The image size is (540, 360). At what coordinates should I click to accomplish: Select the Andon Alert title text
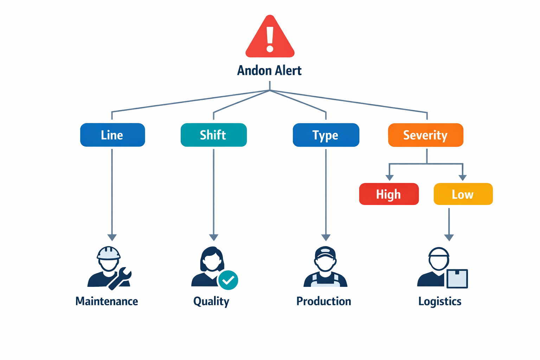(x=269, y=71)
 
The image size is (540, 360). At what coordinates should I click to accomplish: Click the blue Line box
(x=112, y=135)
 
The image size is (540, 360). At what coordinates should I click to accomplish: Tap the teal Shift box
(x=213, y=135)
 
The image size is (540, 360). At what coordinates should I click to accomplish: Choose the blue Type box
(x=326, y=135)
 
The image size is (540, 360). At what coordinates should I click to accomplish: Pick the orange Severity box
(x=425, y=135)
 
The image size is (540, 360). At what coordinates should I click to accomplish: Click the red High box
(x=389, y=194)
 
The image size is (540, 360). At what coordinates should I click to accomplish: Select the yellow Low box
(x=463, y=194)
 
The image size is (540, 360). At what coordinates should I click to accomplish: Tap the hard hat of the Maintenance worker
(x=109, y=253)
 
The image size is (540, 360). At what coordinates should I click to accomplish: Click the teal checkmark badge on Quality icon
(x=228, y=280)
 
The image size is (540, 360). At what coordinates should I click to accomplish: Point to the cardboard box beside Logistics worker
(x=457, y=279)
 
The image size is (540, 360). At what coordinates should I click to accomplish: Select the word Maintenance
(x=107, y=301)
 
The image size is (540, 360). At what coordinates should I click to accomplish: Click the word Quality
(x=211, y=301)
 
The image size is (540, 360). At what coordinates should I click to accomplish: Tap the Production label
(x=323, y=301)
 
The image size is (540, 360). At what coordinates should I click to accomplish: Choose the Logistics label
(x=440, y=301)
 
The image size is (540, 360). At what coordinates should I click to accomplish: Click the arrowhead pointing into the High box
(x=389, y=178)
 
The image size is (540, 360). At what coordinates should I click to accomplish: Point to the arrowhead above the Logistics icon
(x=449, y=238)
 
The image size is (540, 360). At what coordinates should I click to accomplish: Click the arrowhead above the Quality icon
(x=213, y=238)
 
